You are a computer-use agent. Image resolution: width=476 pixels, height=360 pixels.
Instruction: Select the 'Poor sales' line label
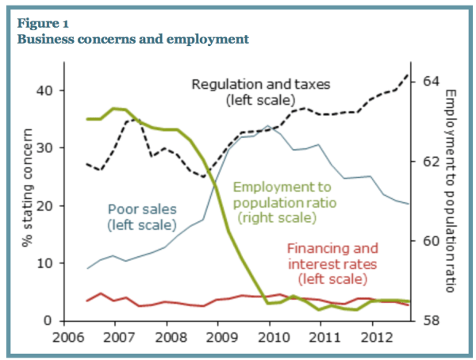tap(141, 217)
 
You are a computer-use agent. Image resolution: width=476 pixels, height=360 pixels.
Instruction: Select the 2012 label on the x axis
tap(372, 337)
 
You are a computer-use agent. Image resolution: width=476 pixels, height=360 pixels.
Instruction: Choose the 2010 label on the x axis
tap(270, 337)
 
